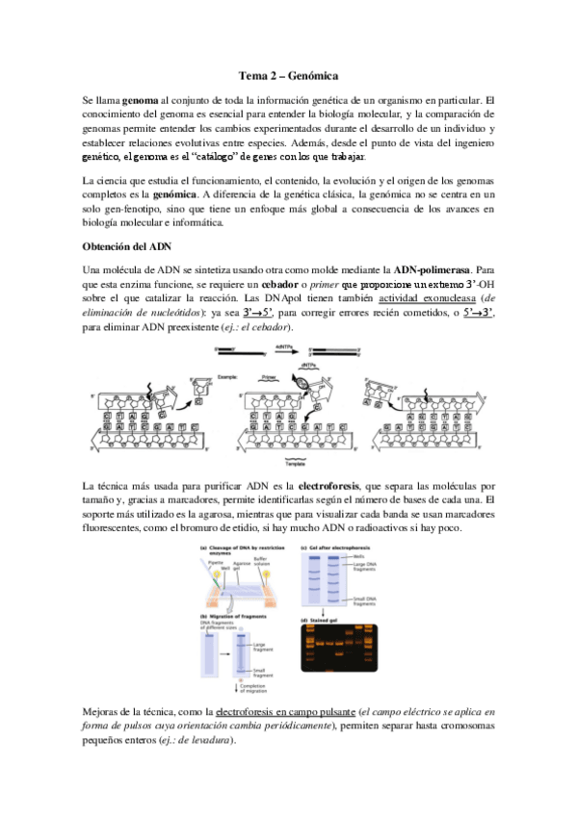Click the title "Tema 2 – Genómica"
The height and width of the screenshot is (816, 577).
tap(288, 75)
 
